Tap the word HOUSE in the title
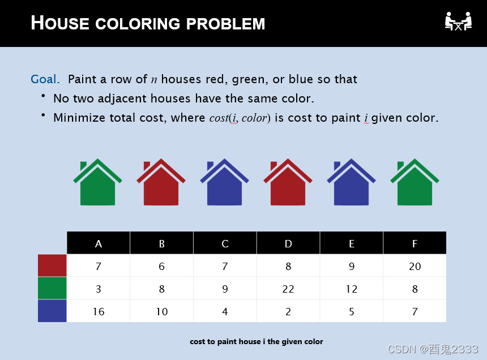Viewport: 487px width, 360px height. coord(60,23)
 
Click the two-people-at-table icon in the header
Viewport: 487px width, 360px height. coord(458,21)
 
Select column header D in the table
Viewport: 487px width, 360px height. coord(288,243)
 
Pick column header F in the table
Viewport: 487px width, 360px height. coord(415,243)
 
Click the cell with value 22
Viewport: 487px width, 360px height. coord(288,289)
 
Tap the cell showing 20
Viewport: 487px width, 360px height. coord(415,266)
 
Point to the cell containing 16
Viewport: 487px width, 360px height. coord(99,311)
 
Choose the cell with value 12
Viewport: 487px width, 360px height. coord(352,289)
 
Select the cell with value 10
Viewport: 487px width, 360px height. coord(162,311)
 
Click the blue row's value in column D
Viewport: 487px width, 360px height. coord(288,311)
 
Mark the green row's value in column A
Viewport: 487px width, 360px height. coord(99,289)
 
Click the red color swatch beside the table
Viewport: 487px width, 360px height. coord(52,265)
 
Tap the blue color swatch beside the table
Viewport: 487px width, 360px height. coord(52,311)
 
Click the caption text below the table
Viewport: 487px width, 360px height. coord(257,341)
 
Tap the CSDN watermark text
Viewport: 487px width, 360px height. coord(433,349)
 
